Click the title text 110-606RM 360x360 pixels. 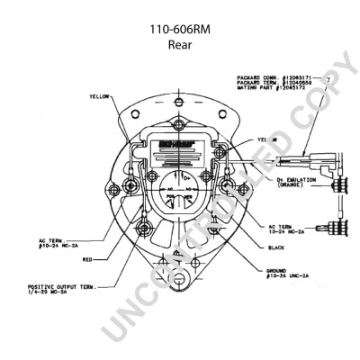coord(180,29)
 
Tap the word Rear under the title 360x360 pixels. coord(180,44)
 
